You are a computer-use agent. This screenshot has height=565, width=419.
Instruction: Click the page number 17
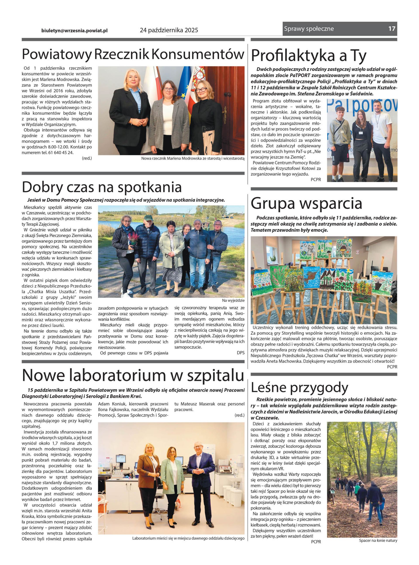392,29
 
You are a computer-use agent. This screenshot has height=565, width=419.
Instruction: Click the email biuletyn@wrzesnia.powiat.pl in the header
74,30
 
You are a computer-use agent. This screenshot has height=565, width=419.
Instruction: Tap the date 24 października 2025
169,30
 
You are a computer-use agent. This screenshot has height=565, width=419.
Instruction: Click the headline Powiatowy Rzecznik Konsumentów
133,54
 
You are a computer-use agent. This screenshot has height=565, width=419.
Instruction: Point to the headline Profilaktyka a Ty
308,56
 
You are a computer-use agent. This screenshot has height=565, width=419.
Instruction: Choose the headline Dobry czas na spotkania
102,187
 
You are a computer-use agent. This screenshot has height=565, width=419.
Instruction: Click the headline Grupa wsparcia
306,203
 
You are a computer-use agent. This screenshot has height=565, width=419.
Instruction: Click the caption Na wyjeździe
233,300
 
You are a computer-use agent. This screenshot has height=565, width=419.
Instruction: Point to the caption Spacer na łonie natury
378,540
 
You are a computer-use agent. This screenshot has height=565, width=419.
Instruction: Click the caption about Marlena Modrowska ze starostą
193,159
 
